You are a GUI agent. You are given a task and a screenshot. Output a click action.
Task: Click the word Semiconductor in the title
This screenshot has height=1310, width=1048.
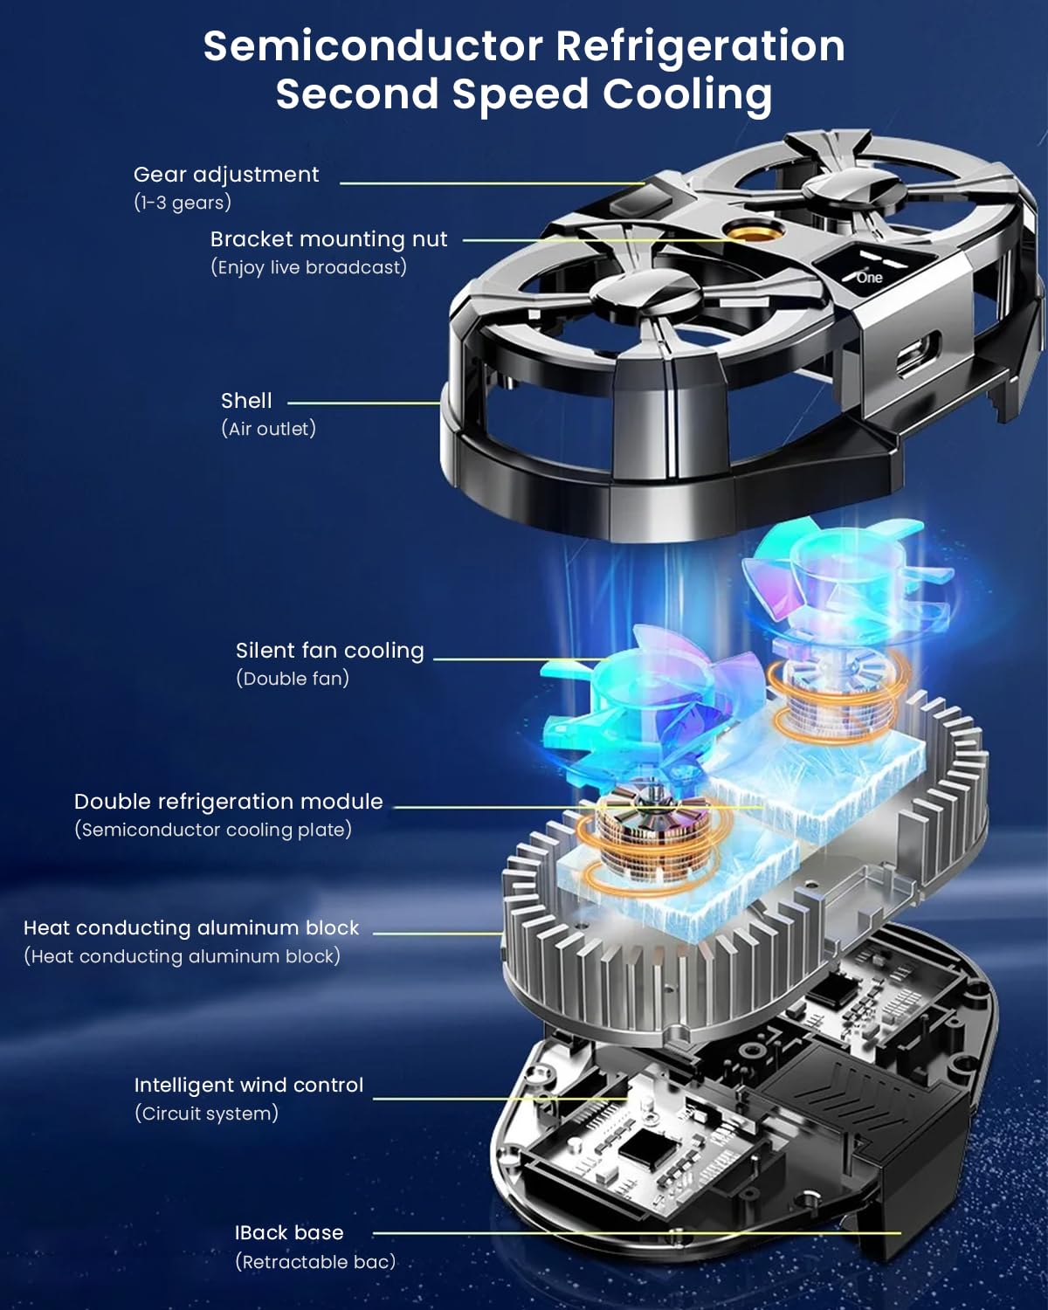tap(373, 46)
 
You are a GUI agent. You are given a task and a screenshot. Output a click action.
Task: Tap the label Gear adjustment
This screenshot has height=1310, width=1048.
tap(226, 175)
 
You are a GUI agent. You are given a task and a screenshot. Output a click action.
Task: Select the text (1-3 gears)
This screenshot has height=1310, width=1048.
tap(183, 202)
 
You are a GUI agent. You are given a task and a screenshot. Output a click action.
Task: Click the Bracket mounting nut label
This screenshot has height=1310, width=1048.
tap(329, 239)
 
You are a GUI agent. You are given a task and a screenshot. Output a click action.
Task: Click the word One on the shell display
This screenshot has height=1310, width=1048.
tap(870, 278)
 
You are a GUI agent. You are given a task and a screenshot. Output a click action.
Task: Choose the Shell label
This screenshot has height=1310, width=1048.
tap(246, 401)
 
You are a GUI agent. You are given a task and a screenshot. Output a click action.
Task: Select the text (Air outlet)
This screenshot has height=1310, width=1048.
tap(268, 429)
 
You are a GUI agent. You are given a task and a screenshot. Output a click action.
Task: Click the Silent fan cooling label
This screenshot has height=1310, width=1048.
tap(329, 651)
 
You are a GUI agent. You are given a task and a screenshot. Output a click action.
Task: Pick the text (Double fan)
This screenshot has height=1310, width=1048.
tap(293, 678)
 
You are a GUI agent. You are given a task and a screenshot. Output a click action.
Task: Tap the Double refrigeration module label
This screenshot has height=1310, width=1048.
tap(228, 802)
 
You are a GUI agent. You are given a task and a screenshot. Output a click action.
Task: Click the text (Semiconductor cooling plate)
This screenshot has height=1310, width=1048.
tap(213, 830)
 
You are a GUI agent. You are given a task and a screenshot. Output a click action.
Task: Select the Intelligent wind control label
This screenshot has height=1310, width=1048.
tap(248, 1085)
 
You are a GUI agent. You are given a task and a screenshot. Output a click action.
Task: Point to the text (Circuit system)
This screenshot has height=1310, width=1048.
tap(206, 1113)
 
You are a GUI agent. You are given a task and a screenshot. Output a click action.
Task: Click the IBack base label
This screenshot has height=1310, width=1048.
tap(289, 1232)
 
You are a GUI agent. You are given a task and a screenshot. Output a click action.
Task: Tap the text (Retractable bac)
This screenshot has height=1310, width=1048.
tap(315, 1262)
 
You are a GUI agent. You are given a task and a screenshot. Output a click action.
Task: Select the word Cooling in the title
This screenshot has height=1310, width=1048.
tap(687, 94)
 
